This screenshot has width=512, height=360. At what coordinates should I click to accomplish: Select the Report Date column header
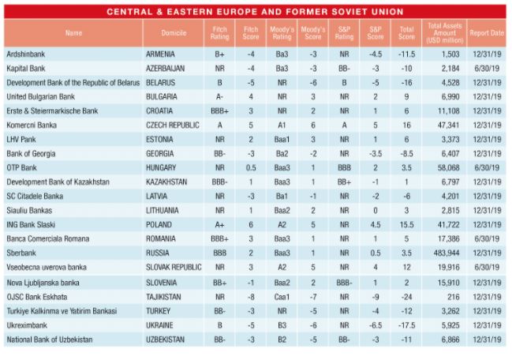point(487,33)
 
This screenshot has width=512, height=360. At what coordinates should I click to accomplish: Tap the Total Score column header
point(406,33)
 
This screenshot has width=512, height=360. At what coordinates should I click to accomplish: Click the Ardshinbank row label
point(26,54)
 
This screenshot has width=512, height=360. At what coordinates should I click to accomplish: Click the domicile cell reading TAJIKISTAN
point(165,296)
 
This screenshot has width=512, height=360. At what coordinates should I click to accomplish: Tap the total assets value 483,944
point(446,253)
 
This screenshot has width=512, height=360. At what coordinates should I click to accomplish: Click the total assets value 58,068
point(447,168)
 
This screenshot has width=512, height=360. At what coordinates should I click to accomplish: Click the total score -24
point(406,296)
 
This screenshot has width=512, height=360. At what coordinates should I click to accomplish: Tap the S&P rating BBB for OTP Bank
point(344,168)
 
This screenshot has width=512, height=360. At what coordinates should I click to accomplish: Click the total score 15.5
point(406,225)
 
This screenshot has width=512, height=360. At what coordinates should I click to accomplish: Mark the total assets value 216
point(452,296)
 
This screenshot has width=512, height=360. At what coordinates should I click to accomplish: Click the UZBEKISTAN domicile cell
point(166,339)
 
